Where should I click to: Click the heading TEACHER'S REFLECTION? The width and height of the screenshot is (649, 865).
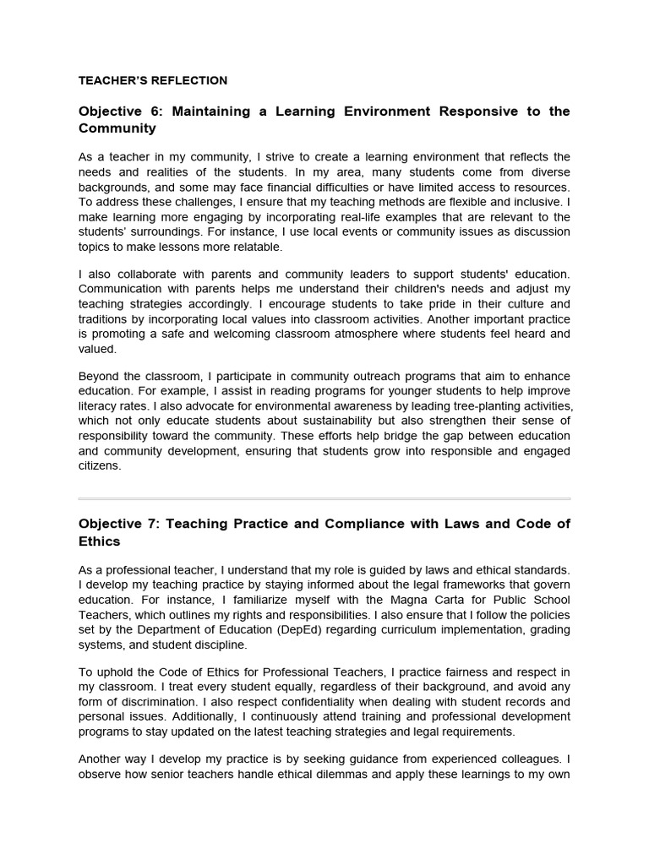[x=152, y=81]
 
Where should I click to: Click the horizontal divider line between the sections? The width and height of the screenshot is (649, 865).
[x=324, y=498]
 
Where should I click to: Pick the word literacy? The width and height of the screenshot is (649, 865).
[x=97, y=405]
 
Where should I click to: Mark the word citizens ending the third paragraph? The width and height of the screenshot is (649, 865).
[x=100, y=465]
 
